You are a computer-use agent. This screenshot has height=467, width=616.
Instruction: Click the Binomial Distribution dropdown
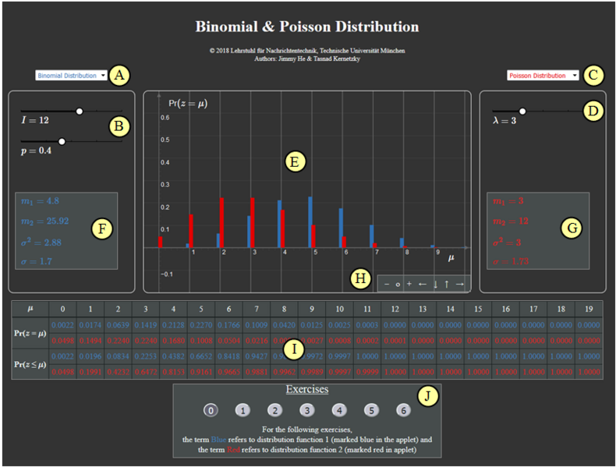pos(71,76)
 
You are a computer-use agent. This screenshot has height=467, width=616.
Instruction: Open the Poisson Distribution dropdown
pos(542,76)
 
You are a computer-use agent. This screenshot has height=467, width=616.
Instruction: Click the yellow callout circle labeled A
pos(119,76)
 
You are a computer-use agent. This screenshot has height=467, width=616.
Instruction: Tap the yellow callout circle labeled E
pos(294,162)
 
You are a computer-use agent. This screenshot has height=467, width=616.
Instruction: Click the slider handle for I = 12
pos(80,111)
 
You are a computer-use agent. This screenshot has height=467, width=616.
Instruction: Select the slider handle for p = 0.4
pos(62,141)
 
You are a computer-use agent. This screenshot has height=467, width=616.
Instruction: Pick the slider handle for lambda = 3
pos(522,111)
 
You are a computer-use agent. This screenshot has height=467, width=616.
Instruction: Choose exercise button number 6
pos(402,409)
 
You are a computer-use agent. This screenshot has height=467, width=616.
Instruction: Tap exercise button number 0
pos(211,409)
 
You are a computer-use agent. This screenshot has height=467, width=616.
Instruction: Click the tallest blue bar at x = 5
pos(310,221)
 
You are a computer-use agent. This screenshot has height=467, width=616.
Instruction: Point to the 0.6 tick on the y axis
pos(165,118)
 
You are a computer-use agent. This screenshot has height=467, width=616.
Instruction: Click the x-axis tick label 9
pos(437,253)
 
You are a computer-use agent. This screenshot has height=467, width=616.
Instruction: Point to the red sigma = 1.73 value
pos(515,261)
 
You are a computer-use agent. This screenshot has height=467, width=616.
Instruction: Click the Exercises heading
pos(306,388)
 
